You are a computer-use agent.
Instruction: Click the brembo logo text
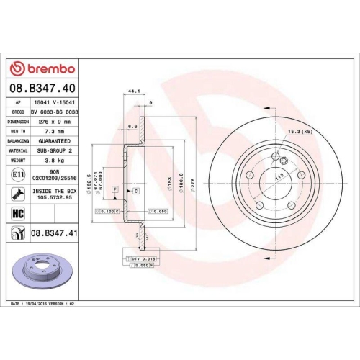coord(48,68)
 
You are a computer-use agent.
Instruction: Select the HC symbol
coord(17,212)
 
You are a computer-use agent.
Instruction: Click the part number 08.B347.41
coord(54,233)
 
